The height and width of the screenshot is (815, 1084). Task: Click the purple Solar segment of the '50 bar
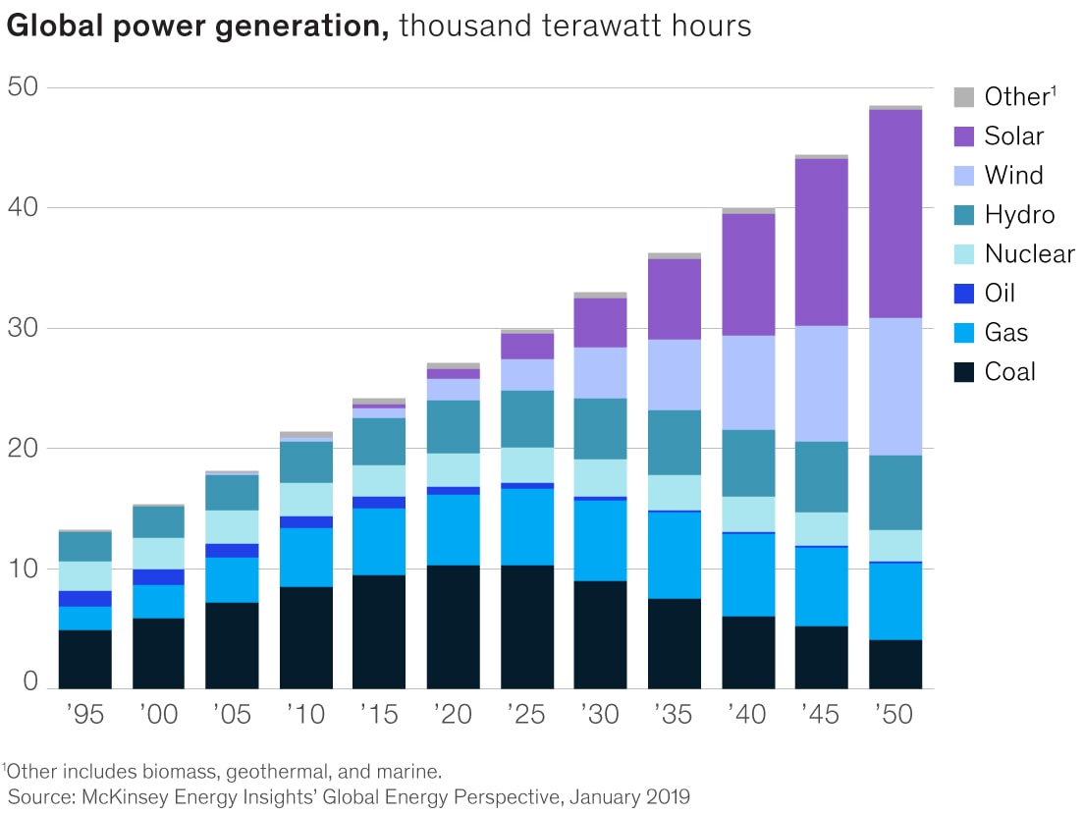click(895, 213)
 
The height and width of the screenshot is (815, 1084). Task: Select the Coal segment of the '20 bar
click(454, 626)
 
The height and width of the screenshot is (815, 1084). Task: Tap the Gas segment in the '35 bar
click(675, 555)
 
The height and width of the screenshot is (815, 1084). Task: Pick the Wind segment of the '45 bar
click(822, 383)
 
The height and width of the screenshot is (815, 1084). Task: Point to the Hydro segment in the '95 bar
click(85, 546)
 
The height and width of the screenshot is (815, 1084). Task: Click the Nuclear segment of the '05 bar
click(232, 526)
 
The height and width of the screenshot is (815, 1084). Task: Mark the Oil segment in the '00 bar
click(159, 576)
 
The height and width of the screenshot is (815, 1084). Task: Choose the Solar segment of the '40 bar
click(748, 274)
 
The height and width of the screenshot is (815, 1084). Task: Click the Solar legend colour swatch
click(964, 136)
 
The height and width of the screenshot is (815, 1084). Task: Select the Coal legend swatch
click(964, 372)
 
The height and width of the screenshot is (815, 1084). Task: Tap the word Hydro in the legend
click(1019, 215)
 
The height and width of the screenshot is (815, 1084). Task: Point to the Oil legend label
click(1000, 294)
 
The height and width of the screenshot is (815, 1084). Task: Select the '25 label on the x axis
click(526, 714)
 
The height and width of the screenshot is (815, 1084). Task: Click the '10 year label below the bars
click(305, 714)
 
